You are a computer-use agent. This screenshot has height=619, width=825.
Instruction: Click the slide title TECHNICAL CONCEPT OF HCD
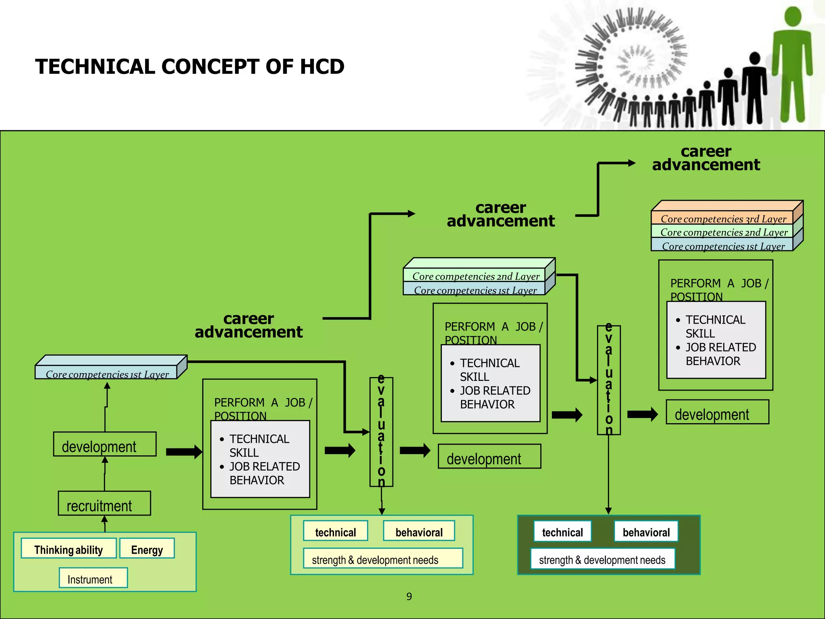(x=189, y=66)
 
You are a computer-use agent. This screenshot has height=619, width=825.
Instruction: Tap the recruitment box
(x=104, y=503)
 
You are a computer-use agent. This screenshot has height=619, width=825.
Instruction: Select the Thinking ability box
(x=68, y=548)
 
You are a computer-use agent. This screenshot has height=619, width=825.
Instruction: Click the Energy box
(x=147, y=548)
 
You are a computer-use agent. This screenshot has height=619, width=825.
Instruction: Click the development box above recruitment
(x=105, y=445)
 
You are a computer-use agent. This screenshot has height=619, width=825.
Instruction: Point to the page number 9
(x=409, y=596)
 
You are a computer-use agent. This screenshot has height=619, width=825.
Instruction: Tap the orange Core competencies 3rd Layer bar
(x=723, y=218)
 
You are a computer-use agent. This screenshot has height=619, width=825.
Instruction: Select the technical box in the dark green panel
(x=562, y=532)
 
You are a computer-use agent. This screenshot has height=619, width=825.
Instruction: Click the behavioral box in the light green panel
(x=419, y=532)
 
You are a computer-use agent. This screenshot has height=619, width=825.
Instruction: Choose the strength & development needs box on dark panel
(x=602, y=559)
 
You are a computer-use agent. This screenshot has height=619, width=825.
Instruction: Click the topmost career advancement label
(x=706, y=158)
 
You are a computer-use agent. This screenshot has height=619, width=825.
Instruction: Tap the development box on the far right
(x=717, y=412)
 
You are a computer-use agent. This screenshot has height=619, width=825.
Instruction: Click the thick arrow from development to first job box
(x=184, y=452)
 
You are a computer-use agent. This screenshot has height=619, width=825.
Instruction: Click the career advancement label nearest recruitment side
(x=249, y=325)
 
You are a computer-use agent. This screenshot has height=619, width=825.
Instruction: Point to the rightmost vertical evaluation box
(x=609, y=380)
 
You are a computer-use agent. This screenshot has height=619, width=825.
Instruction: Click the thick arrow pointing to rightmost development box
(x=642, y=414)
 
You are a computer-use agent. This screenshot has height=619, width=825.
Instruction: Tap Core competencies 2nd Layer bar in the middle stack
(x=475, y=276)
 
